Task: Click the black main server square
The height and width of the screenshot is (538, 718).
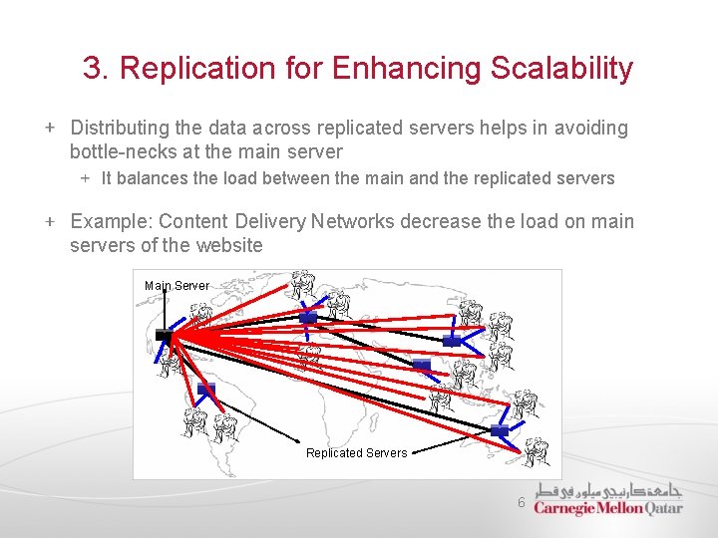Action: (x=165, y=336)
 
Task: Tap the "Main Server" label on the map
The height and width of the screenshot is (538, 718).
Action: (x=177, y=286)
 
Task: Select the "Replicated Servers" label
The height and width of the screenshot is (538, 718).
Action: (x=356, y=453)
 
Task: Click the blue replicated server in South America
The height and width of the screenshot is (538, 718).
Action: (x=206, y=389)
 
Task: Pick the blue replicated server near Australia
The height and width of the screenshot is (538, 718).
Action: (x=499, y=429)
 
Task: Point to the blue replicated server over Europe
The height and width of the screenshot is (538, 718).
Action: (x=308, y=317)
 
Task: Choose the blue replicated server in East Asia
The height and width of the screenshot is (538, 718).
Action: (x=452, y=341)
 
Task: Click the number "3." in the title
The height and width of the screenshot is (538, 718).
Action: (x=96, y=69)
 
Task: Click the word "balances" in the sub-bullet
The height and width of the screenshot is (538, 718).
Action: (x=156, y=179)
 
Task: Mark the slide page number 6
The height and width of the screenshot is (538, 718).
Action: (x=521, y=503)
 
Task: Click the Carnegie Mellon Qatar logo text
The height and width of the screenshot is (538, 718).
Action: (x=608, y=507)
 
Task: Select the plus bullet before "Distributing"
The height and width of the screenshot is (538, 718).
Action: (x=49, y=129)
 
